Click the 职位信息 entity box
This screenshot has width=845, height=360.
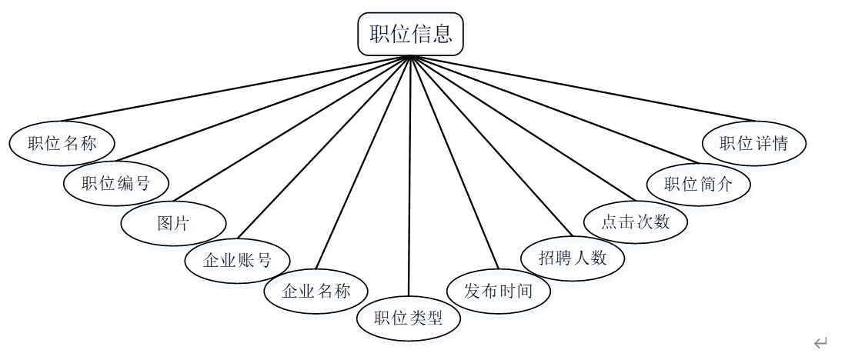(x=410, y=34)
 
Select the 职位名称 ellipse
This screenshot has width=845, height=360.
(x=62, y=142)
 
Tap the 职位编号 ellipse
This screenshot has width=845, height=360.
(x=115, y=183)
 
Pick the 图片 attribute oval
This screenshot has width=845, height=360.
(x=174, y=224)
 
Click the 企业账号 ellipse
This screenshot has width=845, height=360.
(x=238, y=259)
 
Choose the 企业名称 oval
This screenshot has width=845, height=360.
(x=316, y=292)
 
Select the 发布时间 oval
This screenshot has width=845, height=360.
(x=499, y=291)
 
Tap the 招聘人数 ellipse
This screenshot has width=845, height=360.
(x=573, y=257)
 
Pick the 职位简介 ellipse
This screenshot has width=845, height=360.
(x=698, y=184)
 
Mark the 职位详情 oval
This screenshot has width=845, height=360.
(x=755, y=142)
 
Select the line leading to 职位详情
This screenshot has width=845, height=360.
(x=585, y=88)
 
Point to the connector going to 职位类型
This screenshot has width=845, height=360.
(x=409, y=177)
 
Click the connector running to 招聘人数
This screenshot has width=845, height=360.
(x=493, y=146)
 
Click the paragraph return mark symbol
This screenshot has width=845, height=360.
(x=820, y=342)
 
